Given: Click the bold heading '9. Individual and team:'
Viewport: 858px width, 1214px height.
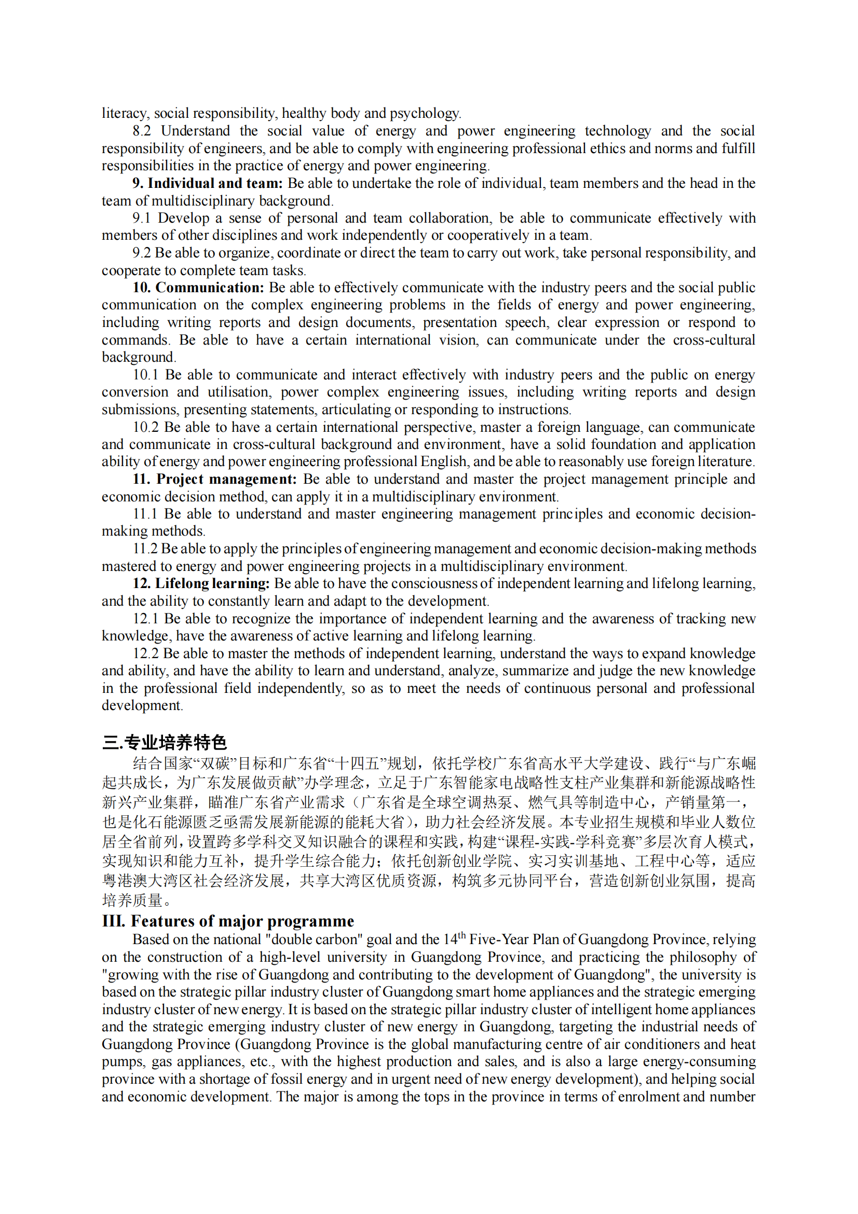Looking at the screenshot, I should click(x=207, y=183).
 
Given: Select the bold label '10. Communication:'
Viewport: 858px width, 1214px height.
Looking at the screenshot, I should click(x=198, y=288).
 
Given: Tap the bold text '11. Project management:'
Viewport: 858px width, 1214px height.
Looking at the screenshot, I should click(x=215, y=479).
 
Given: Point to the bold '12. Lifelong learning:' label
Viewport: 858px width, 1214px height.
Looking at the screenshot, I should click(x=201, y=584).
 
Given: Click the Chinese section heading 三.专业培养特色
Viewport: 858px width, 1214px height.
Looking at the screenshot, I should click(x=165, y=742).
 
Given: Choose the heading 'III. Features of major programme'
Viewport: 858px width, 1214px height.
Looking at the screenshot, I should click(x=228, y=921).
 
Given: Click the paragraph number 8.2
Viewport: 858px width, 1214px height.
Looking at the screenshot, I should click(x=142, y=131).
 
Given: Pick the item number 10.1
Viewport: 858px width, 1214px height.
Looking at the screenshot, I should click(x=145, y=375).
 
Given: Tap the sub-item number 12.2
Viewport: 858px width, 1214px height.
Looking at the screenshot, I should click(x=145, y=653).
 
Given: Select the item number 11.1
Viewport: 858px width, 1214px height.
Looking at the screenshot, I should click(x=145, y=514).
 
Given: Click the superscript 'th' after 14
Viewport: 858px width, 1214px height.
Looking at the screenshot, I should click(x=461, y=935).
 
